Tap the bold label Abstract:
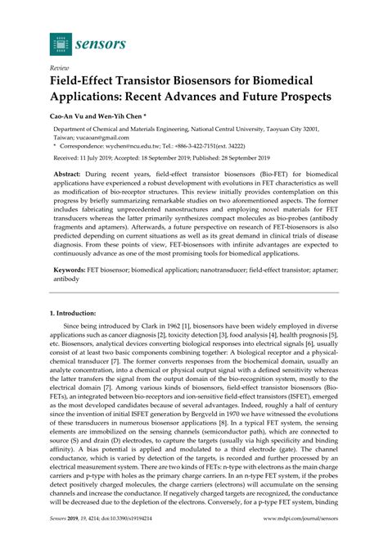pyautogui.click(x=70, y=175)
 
